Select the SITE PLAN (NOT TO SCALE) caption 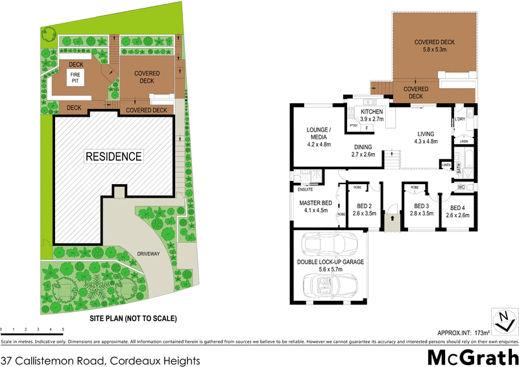[x=132, y=319]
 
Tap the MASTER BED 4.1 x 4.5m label [x=316, y=207]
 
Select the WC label [x=463, y=187]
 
